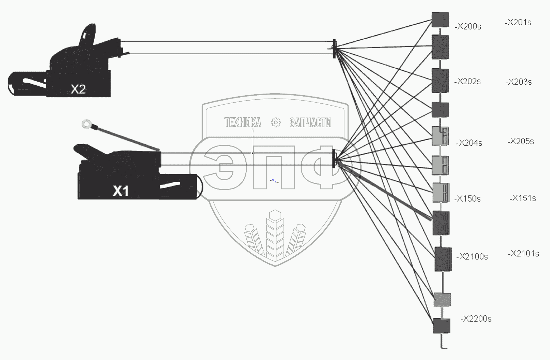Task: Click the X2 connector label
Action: [x=78, y=89]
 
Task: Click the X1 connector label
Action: [x=121, y=191]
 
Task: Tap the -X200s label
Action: [x=468, y=27]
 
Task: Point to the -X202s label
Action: [x=467, y=82]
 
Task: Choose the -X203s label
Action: [x=518, y=82]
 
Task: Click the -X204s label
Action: [x=469, y=143]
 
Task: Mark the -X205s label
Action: [x=520, y=142]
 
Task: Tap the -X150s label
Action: [x=467, y=199]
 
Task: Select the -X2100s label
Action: [x=472, y=257]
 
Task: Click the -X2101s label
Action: [x=523, y=254]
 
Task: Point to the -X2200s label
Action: [x=476, y=319]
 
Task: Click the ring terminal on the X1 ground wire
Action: [x=87, y=125]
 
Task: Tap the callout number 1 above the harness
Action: [x=253, y=131]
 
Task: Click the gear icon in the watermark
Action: [x=276, y=122]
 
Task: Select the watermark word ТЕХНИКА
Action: [x=243, y=123]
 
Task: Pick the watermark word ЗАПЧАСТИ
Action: [x=310, y=123]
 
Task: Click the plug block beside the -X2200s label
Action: [x=441, y=326]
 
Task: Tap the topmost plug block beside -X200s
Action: [x=440, y=19]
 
